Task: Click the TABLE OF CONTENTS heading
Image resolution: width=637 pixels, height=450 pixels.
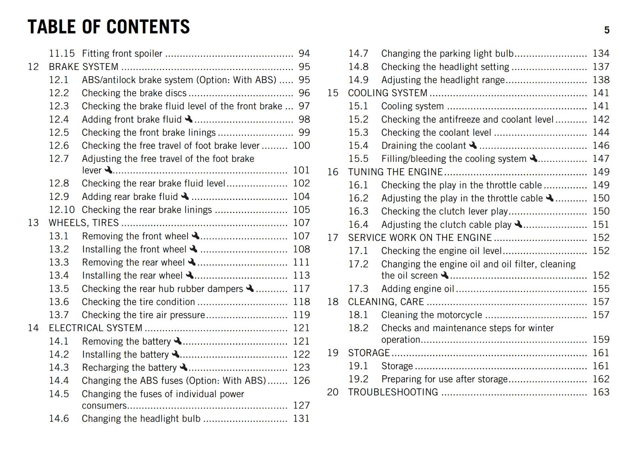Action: [109, 27]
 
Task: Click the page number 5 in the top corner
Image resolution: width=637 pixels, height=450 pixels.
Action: [606, 30]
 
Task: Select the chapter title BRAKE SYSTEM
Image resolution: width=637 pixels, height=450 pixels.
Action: [84, 67]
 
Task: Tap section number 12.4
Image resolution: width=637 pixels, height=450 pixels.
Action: [59, 119]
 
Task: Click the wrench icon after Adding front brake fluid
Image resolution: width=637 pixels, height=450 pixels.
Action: [189, 119]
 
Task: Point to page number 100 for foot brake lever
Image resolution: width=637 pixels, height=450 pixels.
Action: [301, 145]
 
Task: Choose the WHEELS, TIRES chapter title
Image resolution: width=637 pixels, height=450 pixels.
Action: [84, 223]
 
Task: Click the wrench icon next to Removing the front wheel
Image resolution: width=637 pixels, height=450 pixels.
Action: [195, 236]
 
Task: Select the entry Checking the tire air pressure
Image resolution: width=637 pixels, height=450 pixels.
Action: [143, 315]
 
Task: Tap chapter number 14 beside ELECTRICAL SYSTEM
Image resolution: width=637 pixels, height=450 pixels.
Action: [33, 328]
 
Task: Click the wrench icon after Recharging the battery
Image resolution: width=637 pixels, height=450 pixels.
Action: [184, 367]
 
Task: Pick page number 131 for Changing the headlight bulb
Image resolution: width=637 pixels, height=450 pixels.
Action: [301, 419]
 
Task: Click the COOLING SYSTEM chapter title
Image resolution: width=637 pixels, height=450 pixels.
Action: [388, 93]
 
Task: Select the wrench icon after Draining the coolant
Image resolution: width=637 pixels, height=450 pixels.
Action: [473, 145]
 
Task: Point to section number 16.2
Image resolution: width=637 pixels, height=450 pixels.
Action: [358, 198]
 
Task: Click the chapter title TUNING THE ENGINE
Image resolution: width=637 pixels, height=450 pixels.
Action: [395, 172]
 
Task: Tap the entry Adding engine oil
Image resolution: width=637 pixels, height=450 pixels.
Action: [418, 289]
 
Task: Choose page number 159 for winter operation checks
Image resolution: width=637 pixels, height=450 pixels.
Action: [601, 339]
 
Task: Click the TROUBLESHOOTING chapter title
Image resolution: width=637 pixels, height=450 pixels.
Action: [393, 392]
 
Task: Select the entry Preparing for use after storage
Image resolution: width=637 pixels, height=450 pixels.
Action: [444, 379]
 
